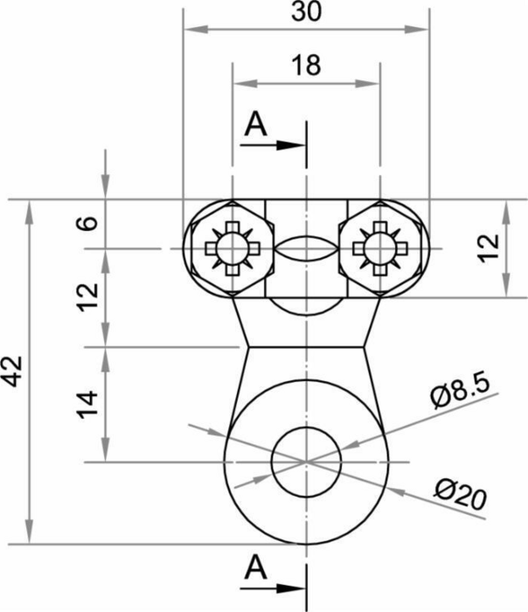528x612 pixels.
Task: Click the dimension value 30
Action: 307,11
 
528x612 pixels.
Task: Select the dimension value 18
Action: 307,66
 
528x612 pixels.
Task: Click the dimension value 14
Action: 87,404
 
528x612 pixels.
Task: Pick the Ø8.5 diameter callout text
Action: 461,393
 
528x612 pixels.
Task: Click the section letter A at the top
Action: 255,124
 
